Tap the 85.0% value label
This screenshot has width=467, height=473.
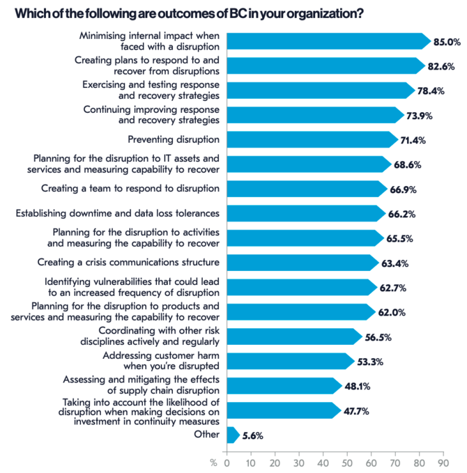click(447, 42)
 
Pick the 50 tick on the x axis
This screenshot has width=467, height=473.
click(346, 462)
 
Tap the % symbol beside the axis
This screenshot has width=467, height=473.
click(213, 462)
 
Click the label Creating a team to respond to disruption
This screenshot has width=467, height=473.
click(130, 188)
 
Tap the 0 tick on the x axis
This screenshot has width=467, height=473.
click(227, 462)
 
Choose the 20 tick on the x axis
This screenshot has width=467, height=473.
click(275, 462)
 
